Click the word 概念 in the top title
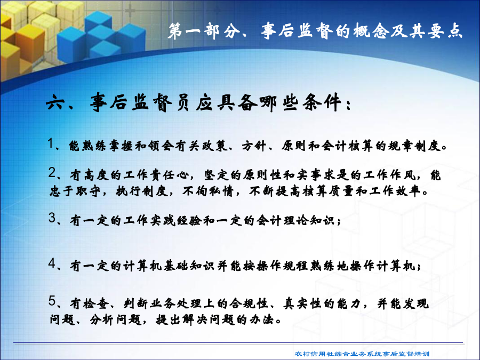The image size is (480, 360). point(371,31)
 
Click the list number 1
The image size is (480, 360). point(51,143)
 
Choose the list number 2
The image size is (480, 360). point(52,173)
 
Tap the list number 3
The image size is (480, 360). point(52,218)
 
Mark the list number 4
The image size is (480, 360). point(52,263)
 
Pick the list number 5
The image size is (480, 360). point(52,301)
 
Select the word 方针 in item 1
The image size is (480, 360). point(253,146)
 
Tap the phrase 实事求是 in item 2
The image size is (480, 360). point(323,175)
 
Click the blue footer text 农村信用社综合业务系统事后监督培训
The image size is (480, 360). point(362,354)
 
